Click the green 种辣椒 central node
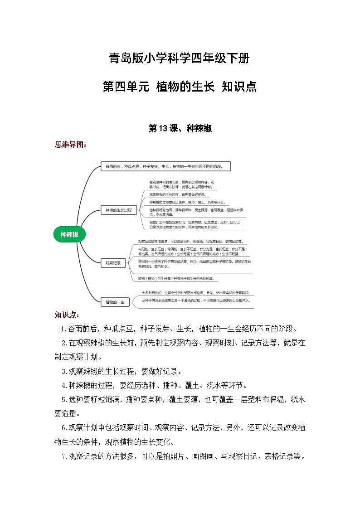click(69, 234)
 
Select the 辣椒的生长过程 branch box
click(118, 210)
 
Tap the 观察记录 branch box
click(113, 262)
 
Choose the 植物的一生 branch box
click(117, 301)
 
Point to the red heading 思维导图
click(70, 145)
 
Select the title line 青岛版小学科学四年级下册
click(180, 58)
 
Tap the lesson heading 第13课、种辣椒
click(180, 129)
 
